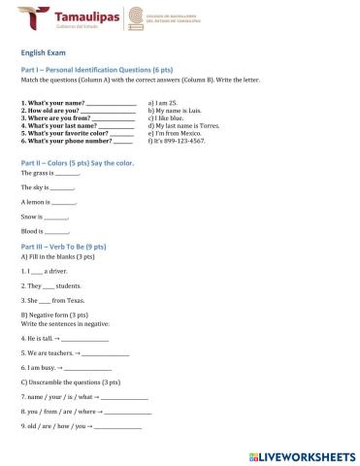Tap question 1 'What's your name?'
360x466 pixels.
[53, 102]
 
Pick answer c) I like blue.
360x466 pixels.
[166, 117]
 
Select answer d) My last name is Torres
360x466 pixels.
[183, 125]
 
